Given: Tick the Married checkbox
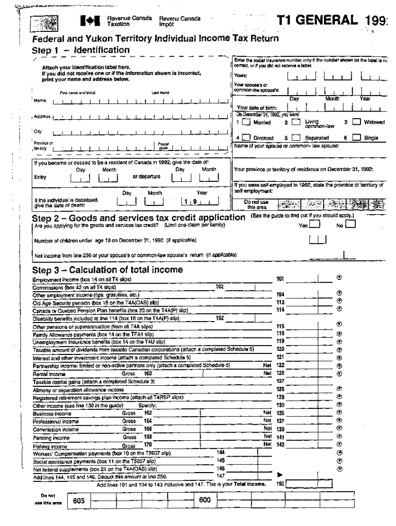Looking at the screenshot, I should [x=247, y=122].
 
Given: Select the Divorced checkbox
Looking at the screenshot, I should [x=247, y=138].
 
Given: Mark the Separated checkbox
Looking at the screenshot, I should [x=295, y=138].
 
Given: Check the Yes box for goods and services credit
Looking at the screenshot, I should [x=315, y=224].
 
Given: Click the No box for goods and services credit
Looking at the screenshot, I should [x=351, y=224].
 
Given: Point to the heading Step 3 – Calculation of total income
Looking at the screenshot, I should [x=107, y=270].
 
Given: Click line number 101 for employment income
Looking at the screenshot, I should [x=280, y=278].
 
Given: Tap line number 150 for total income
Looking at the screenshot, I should [x=280, y=483].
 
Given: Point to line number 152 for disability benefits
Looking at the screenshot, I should [x=220, y=318].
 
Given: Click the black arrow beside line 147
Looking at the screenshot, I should [x=280, y=475].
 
